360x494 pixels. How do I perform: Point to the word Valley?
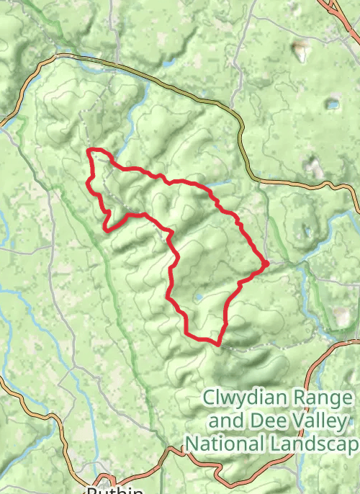316,421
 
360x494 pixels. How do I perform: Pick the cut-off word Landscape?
320,444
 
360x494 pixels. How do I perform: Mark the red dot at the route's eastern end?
266,264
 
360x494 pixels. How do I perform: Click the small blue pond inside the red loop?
197,297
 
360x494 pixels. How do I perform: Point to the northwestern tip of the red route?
89,151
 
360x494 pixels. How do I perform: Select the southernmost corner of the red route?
217,343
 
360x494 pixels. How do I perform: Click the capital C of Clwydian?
209,398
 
